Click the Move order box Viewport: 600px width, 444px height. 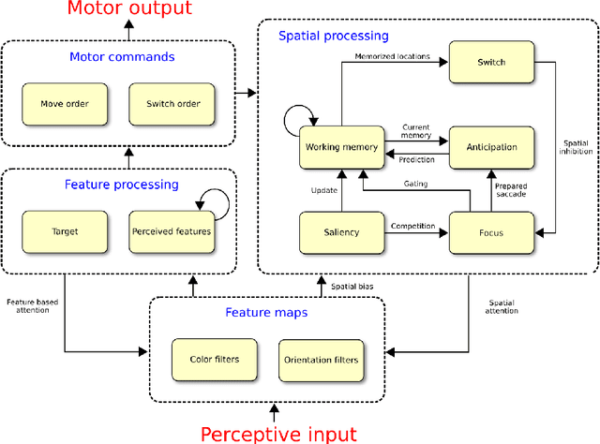click(x=66, y=103)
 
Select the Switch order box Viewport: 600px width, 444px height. click(x=172, y=103)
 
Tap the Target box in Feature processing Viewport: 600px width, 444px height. click(x=66, y=230)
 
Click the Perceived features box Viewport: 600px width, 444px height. click(x=172, y=230)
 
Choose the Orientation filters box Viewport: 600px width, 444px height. click(x=319, y=359)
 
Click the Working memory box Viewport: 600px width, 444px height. click(x=341, y=147)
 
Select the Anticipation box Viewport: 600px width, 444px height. click(x=491, y=147)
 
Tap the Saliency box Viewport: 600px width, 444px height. click(x=341, y=232)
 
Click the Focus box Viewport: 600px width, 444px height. click(x=491, y=232)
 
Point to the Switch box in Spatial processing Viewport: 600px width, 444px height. click(x=491, y=63)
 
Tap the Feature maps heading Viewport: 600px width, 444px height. click(x=267, y=312)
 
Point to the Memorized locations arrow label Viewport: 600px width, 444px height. click(x=393, y=56)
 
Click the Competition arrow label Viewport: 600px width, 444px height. click(x=413, y=226)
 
